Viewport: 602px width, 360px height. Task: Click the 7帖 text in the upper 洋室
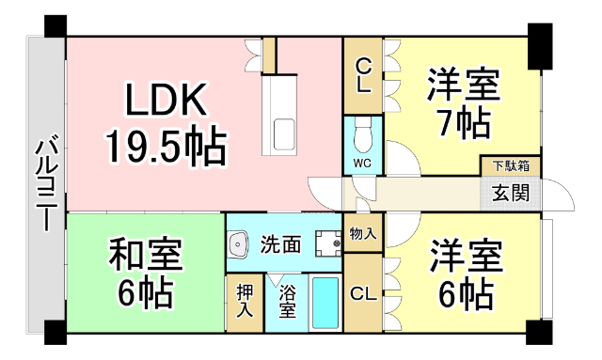[461, 122]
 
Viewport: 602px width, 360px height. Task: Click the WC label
[362, 163]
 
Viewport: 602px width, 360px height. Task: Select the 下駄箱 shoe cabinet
[511, 166]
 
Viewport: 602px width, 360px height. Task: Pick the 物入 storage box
[362, 231]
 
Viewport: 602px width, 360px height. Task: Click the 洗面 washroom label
[280, 244]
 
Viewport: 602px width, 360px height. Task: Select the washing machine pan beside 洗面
[327, 244]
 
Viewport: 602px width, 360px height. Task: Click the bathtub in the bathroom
[325, 303]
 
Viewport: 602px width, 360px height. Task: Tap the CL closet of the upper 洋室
[363, 75]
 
